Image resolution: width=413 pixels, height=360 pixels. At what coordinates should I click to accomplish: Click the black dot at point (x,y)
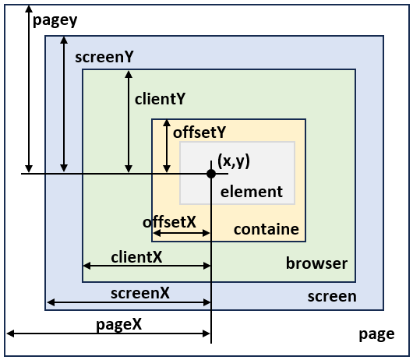[x=211, y=174]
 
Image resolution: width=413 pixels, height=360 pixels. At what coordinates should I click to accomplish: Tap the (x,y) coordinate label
[x=234, y=161]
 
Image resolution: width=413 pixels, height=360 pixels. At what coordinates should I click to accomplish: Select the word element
[x=252, y=192]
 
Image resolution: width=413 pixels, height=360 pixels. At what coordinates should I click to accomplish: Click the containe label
[x=267, y=229]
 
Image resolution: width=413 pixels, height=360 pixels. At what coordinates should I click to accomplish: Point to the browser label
[x=316, y=263]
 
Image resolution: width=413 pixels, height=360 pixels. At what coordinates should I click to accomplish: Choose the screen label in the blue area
[x=332, y=297]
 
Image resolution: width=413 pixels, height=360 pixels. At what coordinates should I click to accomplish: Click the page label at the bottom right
[x=376, y=335]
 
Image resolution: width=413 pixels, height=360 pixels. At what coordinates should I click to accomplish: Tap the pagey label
[x=55, y=20]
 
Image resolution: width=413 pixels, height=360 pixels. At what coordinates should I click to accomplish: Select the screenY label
[x=104, y=57]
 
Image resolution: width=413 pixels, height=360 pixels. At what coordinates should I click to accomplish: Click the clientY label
[x=161, y=99]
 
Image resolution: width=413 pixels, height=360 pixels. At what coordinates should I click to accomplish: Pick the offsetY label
[x=199, y=132]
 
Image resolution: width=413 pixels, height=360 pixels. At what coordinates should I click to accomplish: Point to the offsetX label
[x=169, y=222]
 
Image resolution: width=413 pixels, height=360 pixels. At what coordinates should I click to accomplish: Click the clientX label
[x=136, y=257]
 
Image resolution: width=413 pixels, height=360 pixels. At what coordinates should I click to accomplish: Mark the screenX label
[x=140, y=293]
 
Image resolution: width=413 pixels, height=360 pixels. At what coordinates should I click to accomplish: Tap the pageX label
[x=118, y=325]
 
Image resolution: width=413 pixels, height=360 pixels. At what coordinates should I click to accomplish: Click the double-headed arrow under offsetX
[x=182, y=233]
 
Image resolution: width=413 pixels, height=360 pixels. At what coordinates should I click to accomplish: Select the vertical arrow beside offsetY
[x=167, y=146]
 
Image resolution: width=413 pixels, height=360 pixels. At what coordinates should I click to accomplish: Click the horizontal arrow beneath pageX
[x=108, y=334]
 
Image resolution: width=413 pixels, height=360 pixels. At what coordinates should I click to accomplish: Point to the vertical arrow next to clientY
[x=129, y=122]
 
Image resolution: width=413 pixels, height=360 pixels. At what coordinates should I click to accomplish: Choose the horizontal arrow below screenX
[x=129, y=302]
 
